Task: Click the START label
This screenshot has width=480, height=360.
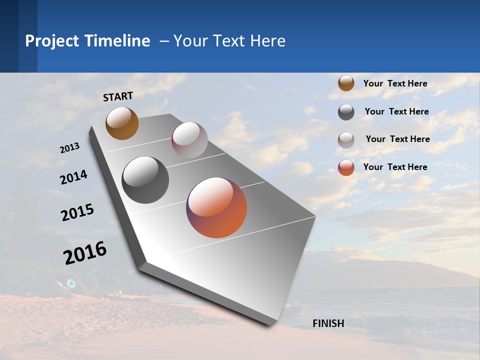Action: point(118,96)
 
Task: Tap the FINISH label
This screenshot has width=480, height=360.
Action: point(328,323)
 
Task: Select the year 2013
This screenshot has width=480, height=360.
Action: point(69,148)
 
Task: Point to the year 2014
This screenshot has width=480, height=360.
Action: point(73,177)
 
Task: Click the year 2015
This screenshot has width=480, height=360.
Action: point(77,212)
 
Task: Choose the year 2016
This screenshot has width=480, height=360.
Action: point(85,253)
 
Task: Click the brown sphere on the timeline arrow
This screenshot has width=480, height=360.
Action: point(122,123)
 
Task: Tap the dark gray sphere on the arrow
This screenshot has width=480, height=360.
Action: point(145,180)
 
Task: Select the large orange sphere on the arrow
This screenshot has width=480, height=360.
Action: point(216,207)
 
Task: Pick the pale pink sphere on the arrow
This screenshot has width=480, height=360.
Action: point(189,139)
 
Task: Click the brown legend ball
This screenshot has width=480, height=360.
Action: point(346,83)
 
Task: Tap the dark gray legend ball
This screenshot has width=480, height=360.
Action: point(346,112)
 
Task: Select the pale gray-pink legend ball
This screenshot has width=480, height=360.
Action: point(346,140)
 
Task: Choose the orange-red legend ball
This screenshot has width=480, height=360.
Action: point(346,167)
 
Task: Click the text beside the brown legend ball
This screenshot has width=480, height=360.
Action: point(395,83)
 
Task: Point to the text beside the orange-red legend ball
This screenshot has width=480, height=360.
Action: point(395,167)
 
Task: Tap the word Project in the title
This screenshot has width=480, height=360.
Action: point(51,41)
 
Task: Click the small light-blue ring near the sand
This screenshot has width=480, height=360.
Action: point(71,283)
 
